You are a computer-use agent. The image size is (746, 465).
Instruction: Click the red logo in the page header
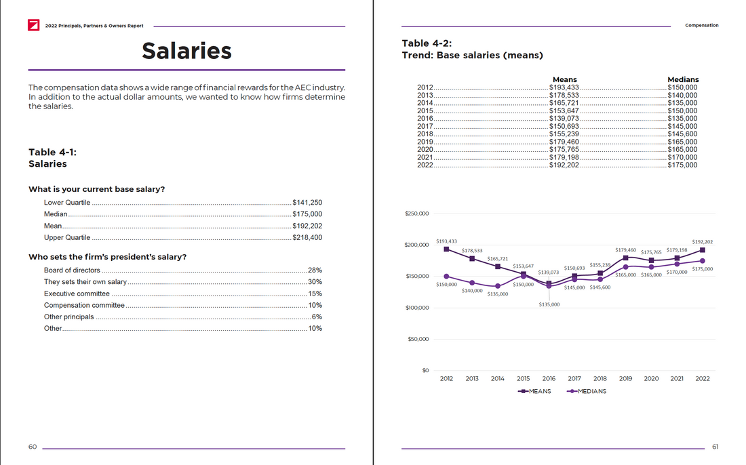click(x=33, y=26)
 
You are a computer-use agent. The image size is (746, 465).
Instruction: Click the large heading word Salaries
click(x=186, y=51)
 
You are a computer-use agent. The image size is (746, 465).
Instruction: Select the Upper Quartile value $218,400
click(x=307, y=237)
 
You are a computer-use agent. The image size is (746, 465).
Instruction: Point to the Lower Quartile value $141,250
click(x=307, y=203)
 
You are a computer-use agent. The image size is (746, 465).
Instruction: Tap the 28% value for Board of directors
click(x=315, y=270)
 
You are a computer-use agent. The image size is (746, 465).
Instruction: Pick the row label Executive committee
click(x=77, y=294)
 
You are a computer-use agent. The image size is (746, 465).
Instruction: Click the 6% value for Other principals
click(x=317, y=317)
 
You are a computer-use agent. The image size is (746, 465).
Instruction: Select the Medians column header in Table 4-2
click(x=682, y=79)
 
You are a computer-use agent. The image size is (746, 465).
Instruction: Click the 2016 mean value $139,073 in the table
click(x=564, y=119)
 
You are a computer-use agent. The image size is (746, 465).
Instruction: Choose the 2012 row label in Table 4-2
click(x=425, y=87)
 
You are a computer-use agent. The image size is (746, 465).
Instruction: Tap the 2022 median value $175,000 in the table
click(x=682, y=165)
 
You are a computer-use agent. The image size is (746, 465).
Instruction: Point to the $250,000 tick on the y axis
click(x=416, y=214)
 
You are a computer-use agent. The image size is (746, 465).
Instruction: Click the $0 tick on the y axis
click(x=425, y=370)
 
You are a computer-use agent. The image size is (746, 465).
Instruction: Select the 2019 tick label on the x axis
click(x=625, y=378)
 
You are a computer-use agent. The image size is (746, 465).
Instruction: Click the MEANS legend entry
click(x=535, y=391)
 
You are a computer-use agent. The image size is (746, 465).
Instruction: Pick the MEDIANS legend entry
click(x=587, y=391)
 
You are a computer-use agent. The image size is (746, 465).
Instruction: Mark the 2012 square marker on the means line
click(x=446, y=249)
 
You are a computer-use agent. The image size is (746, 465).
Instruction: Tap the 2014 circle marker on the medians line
click(x=498, y=286)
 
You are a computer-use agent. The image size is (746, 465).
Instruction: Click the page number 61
click(x=715, y=447)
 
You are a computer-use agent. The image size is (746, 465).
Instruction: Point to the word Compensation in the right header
click(x=702, y=26)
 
